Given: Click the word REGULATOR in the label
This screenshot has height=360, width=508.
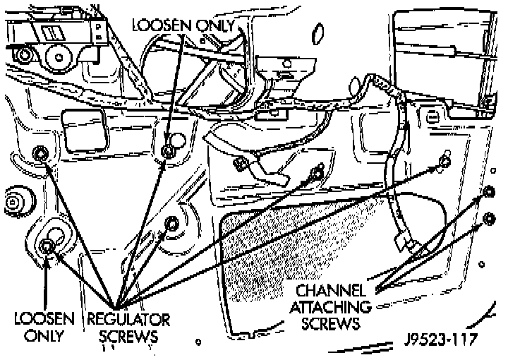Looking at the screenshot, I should point(128,320).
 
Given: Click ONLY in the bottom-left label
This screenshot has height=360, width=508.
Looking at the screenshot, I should point(44,336).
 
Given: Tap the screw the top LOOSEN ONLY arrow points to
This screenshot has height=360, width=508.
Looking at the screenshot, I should point(168,150).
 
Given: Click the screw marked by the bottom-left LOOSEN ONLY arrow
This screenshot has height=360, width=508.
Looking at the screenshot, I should point(47,246).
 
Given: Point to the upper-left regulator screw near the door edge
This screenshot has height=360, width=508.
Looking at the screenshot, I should point(40,152).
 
